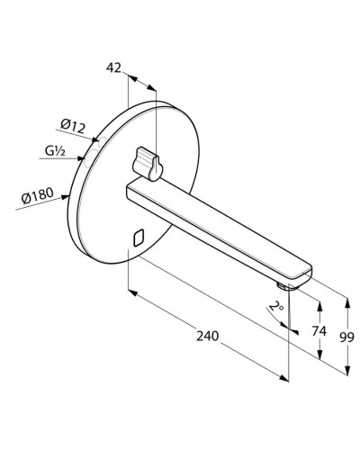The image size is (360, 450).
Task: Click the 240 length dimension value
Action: coord(207,336)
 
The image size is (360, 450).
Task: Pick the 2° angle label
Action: coord(277,307)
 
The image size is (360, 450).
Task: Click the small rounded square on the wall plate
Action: coord(138,238)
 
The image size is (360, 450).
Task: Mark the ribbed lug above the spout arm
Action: coord(148,163)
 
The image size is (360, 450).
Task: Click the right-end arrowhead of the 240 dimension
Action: coord(285,378)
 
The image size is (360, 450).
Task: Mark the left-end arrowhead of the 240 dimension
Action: coord(130,292)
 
